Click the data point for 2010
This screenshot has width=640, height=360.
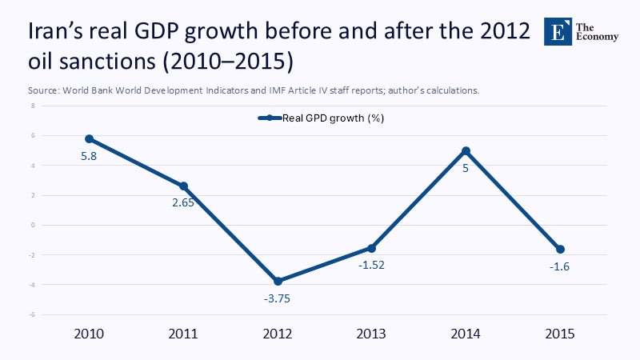tap(90, 138)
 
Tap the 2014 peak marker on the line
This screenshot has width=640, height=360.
tap(466, 150)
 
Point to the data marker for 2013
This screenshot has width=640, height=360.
tap(372, 248)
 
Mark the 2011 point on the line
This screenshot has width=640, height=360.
tap(184, 186)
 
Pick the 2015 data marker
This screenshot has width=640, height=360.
tap(560, 250)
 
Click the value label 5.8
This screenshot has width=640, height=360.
tap(90, 156)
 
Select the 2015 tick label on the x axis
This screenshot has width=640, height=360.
tap(560, 334)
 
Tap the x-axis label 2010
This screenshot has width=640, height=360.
tap(90, 334)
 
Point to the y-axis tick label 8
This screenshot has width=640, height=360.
tap(34, 106)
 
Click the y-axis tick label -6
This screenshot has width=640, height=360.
tap(33, 314)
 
